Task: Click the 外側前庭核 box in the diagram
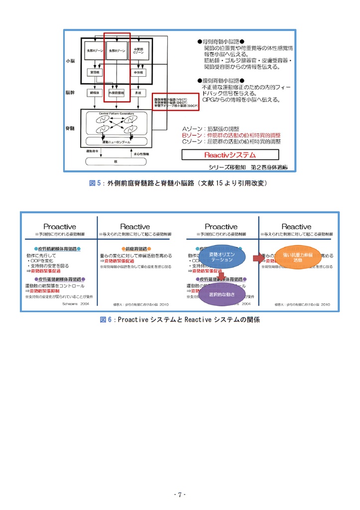click(117, 93)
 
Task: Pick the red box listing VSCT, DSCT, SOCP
click(175, 102)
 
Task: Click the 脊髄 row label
click(70, 128)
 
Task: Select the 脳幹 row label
click(70, 93)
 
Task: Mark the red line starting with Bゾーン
click(231, 135)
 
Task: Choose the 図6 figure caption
click(180, 320)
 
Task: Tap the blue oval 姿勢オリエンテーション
click(222, 257)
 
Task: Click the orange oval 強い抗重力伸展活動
click(298, 257)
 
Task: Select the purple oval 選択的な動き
click(222, 294)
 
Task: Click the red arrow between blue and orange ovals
click(257, 258)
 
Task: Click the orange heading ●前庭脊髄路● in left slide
click(136, 249)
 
